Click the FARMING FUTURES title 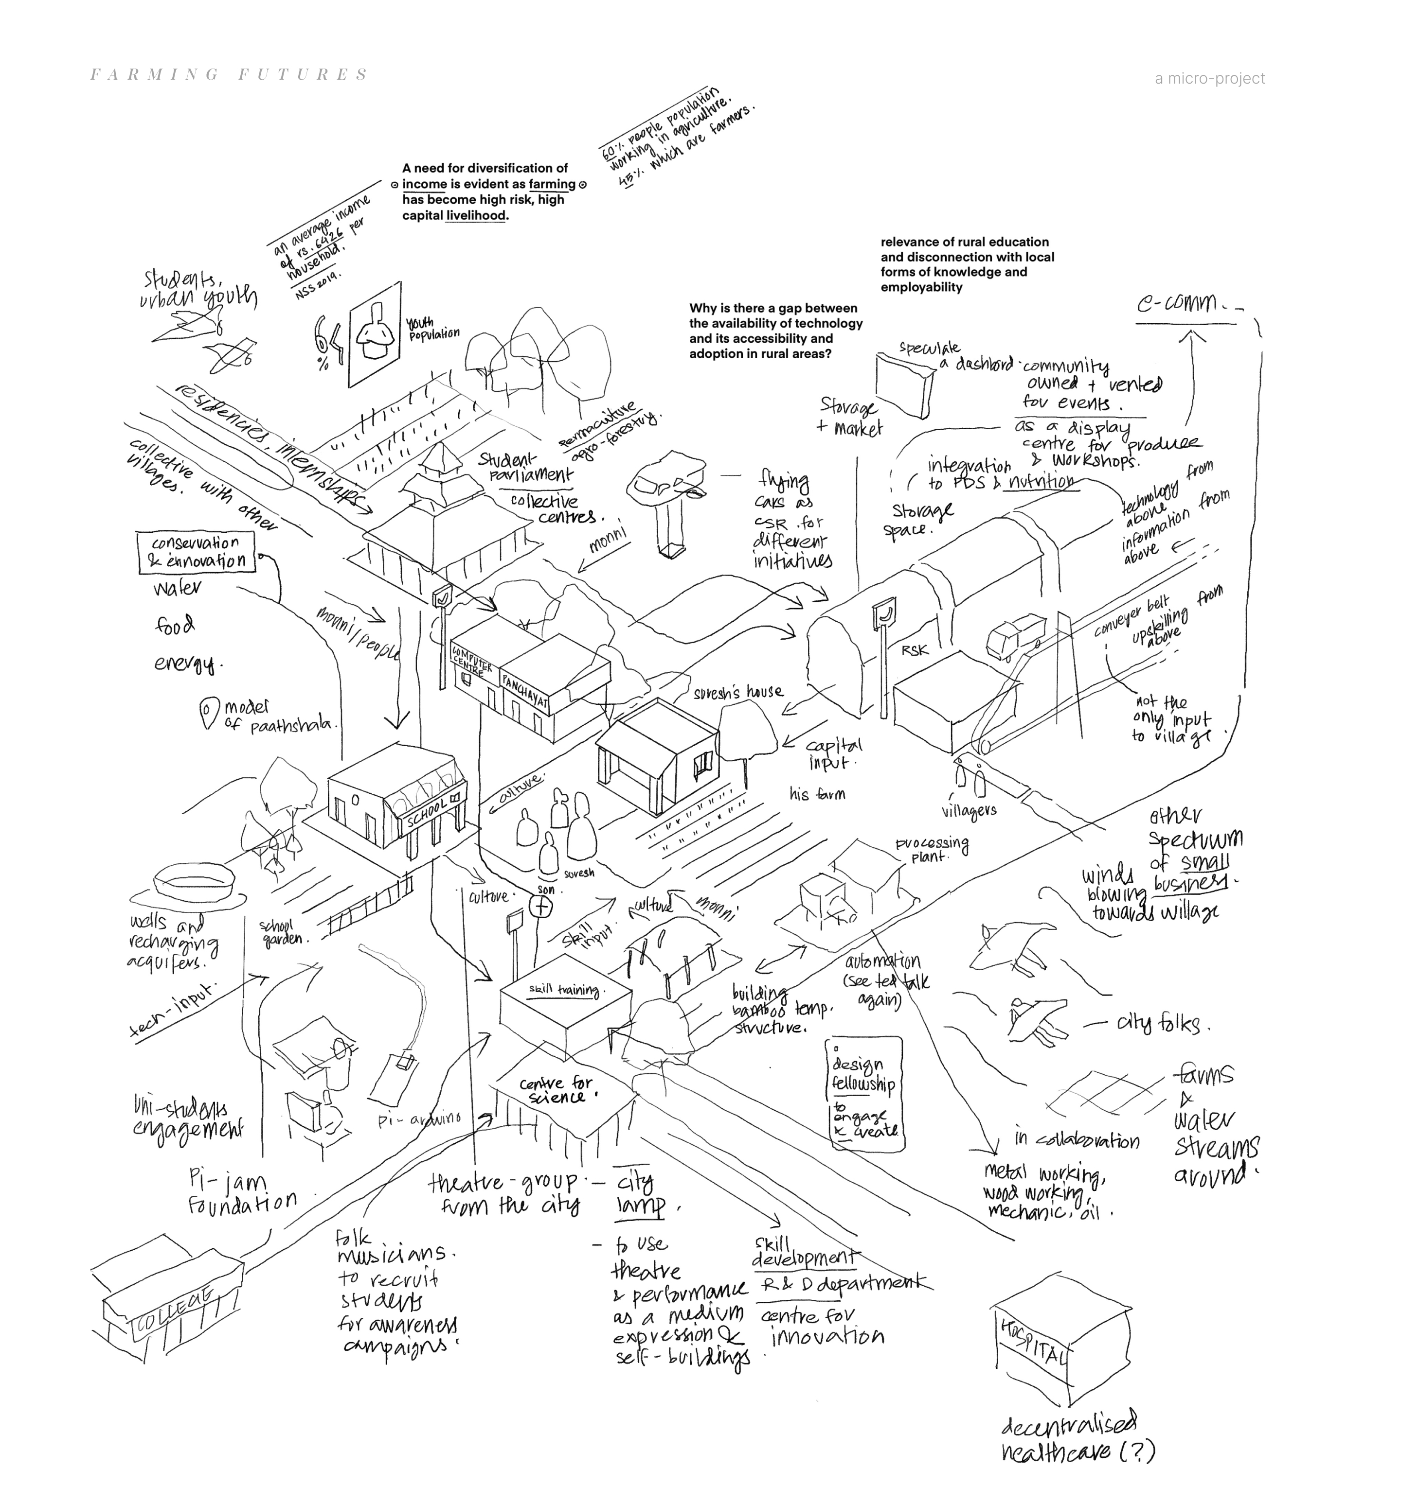click(229, 75)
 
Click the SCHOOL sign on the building click(428, 812)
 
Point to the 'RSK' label click(915, 649)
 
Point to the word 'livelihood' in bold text click(476, 215)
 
